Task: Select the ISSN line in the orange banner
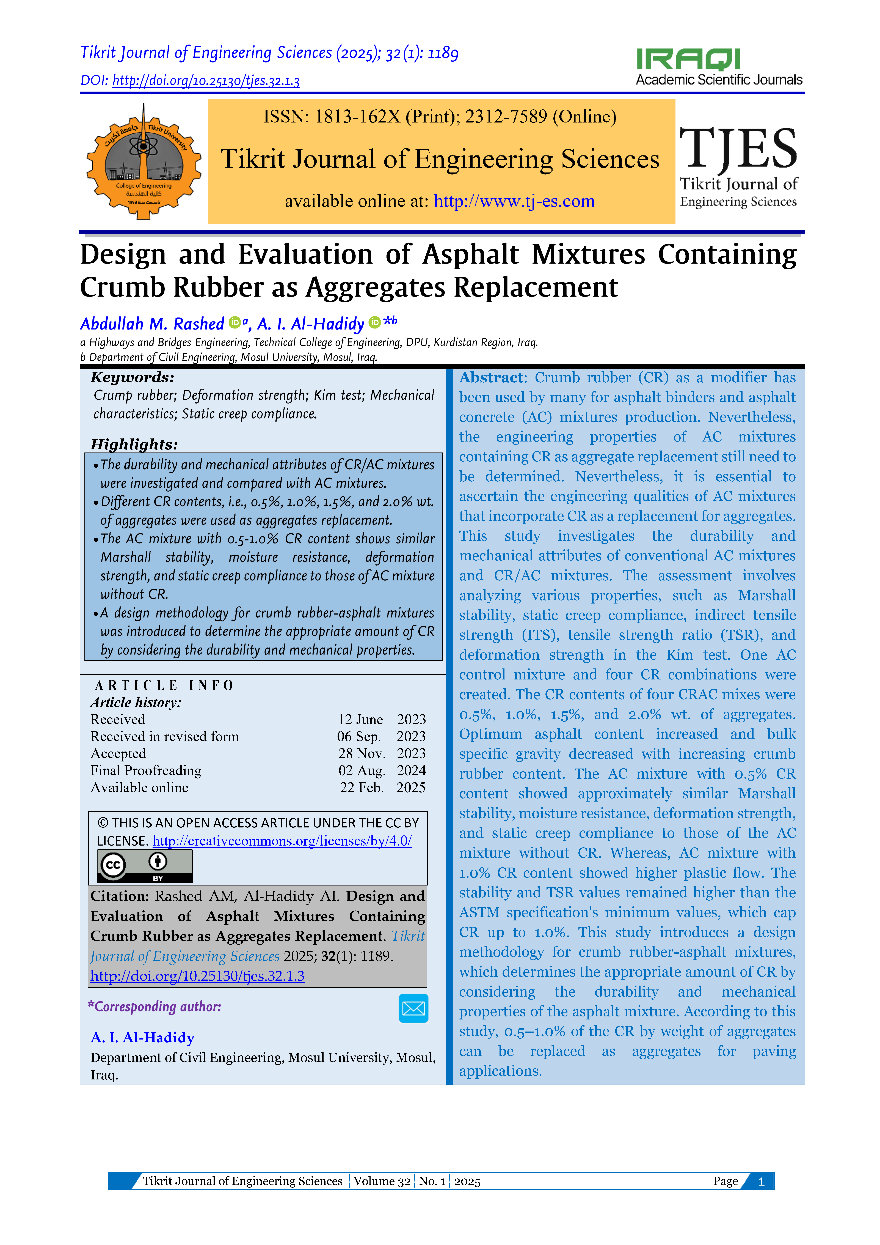[x=440, y=117]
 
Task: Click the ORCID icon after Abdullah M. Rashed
[x=234, y=323]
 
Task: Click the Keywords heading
[x=132, y=377]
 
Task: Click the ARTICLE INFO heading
[x=164, y=685]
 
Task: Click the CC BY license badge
[x=144, y=866]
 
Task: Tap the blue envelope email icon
[x=413, y=1008]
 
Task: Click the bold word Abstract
[x=491, y=377]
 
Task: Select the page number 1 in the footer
[x=761, y=1181]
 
